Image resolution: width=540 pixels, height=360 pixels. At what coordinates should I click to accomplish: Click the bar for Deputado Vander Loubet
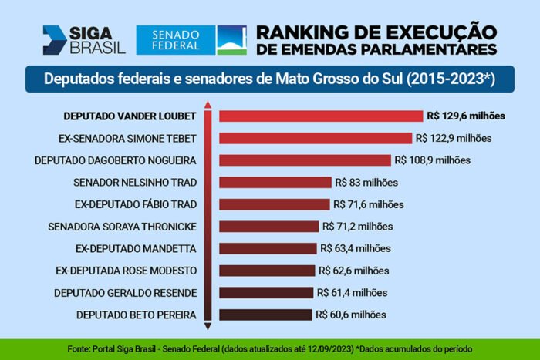pyautogui.click(x=321, y=116)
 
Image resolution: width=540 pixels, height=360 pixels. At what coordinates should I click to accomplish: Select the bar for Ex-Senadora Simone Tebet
pyautogui.click(x=316, y=139)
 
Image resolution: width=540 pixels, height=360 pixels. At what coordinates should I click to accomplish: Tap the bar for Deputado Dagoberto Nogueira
pyautogui.click(x=305, y=160)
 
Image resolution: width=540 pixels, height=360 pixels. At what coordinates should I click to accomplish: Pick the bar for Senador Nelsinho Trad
pyautogui.click(x=275, y=183)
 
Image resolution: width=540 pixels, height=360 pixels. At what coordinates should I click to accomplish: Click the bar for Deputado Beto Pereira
pyautogui.click(x=266, y=315)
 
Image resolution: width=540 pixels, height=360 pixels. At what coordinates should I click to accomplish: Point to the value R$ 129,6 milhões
pyautogui.click(x=465, y=116)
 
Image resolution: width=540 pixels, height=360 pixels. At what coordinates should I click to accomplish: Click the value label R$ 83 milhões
pyautogui.click(x=366, y=183)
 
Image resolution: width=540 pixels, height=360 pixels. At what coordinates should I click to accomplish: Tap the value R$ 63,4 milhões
pyautogui.click(x=355, y=248)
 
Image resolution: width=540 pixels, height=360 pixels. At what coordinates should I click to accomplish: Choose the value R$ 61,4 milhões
pyautogui.click(x=351, y=292)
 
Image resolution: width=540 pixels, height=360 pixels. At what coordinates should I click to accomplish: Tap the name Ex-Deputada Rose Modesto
pyautogui.click(x=127, y=271)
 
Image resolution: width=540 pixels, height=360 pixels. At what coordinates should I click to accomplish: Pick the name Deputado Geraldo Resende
pyautogui.click(x=125, y=292)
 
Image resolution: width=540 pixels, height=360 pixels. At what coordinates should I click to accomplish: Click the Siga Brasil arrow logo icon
pyautogui.click(x=56, y=40)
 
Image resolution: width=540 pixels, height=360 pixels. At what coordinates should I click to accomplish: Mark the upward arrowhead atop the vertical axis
pyautogui.click(x=208, y=105)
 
